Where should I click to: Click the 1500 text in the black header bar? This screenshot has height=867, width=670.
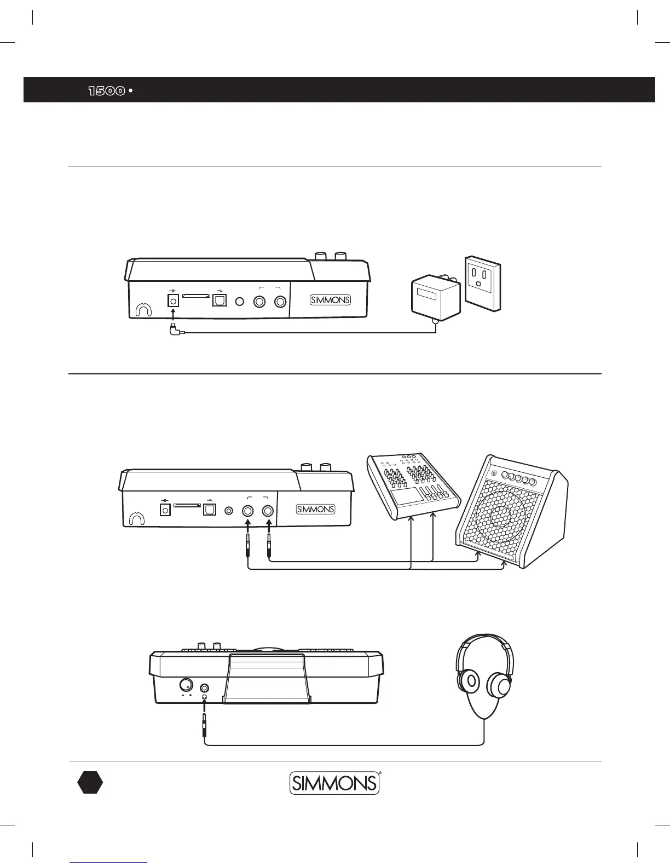pos(107,90)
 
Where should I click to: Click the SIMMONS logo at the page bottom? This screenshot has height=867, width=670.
pos(334,783)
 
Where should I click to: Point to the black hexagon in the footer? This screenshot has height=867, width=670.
pos(90,782)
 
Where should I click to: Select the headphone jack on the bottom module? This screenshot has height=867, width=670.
pos(205,688)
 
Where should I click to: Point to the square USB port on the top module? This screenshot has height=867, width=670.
pos(220,301)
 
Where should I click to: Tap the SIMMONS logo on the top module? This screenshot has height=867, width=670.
pos(330,300)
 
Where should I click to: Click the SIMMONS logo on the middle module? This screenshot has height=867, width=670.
pos(315,510)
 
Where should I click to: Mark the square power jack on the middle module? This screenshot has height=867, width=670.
pos(164,510)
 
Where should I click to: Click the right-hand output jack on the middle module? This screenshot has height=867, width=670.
pos(268,510)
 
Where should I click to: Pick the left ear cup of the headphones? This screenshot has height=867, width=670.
pos(468,682)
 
